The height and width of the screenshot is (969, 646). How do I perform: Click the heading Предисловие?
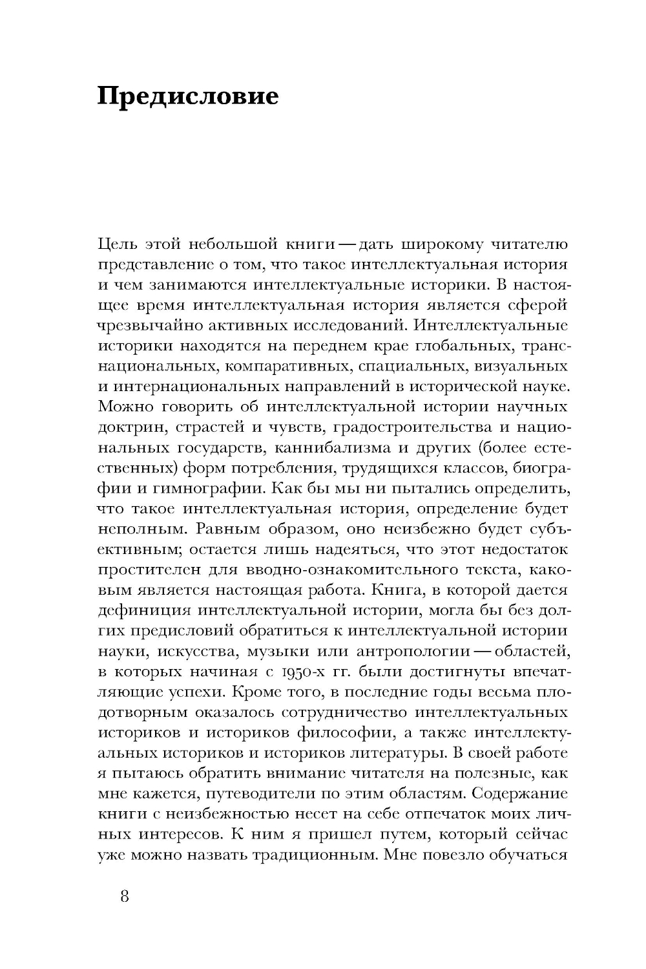click(x=188, y=96)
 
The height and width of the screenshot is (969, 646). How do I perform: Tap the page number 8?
click(x=125, y=898)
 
